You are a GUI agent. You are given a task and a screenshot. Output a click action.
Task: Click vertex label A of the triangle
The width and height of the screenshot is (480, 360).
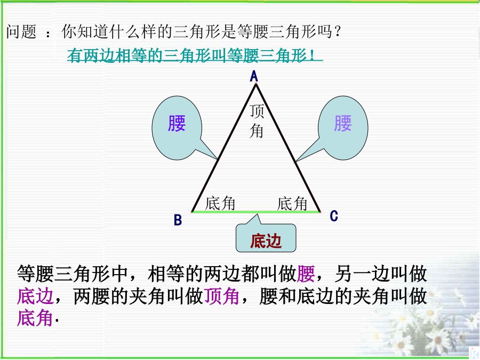(254, 76)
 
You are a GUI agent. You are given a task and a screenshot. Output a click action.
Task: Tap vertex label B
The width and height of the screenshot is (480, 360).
(178, 220)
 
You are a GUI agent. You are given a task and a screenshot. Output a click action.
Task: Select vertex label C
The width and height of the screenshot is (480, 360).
(334, 216)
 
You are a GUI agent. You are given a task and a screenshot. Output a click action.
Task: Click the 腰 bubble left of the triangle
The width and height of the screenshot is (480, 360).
(177, 128)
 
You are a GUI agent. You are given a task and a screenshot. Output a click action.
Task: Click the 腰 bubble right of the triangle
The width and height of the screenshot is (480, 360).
(343, 128)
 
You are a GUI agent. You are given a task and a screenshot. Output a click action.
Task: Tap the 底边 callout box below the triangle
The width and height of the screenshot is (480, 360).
(266, 238)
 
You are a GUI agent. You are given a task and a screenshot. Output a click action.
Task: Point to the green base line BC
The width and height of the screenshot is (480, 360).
(256, 212)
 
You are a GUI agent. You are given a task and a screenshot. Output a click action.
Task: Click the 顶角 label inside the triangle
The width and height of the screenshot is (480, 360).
(257, 121)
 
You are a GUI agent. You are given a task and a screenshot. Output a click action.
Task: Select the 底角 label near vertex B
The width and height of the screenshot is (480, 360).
(220, 203)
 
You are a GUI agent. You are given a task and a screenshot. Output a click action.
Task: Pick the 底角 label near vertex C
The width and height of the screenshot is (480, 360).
(292, 204)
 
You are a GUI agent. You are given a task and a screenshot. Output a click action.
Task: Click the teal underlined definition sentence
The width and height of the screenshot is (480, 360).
(195, 55)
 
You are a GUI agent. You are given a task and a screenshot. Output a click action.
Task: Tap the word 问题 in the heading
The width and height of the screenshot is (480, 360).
(21, 31)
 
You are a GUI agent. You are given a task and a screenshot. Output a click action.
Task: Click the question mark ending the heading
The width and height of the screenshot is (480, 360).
(338, 31)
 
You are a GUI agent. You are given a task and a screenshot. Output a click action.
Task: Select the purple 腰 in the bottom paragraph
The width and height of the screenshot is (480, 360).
(306, 274)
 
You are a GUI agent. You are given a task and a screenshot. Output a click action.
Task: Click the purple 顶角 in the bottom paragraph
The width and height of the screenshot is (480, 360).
(222, 297)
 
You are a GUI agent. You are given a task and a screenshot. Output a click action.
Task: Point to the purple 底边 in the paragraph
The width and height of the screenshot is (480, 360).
(36, 297)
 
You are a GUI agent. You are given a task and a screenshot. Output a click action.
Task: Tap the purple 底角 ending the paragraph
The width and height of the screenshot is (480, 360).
(35, 318)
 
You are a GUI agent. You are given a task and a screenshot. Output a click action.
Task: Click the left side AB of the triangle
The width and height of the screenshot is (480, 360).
(224, 148)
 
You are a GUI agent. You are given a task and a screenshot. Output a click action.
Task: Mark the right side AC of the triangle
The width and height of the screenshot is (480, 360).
(288, 148)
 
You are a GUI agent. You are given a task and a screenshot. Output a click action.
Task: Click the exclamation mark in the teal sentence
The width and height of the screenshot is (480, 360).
(312, 55)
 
